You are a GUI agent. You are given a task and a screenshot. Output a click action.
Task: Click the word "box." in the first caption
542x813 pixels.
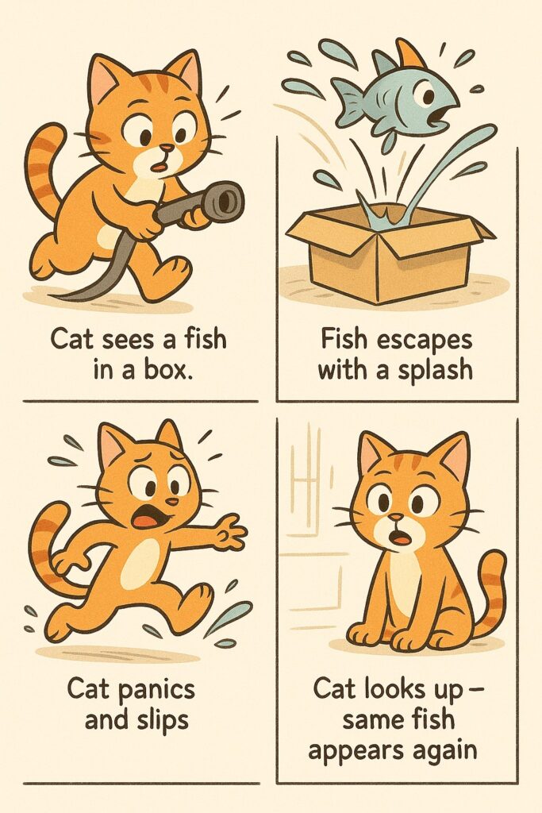coord(167,372)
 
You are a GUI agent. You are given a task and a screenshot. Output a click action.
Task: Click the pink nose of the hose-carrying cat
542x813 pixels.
coord(167,148)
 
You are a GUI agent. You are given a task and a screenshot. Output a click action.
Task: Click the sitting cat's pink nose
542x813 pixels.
coord(395,518)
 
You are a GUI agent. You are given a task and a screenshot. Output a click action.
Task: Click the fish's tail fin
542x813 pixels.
coord(346,95)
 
